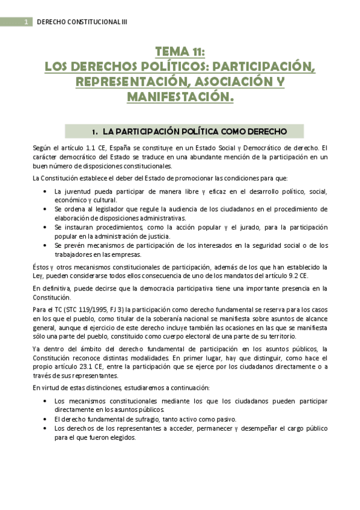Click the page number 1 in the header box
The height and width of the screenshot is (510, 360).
point(26,22)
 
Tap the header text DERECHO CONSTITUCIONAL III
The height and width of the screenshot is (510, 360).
point(82,22)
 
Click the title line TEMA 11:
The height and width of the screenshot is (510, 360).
point(180,52)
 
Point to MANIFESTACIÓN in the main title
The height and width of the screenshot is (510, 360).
point(180,96)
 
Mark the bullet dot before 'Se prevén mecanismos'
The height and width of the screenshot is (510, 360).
point(46,245)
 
